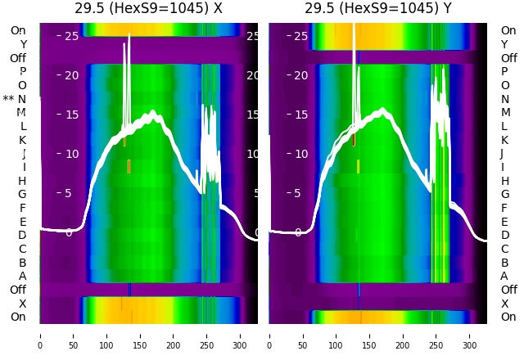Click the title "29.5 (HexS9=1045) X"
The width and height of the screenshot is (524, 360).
tap(148, 9)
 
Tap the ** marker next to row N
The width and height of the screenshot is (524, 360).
tap(8, 99)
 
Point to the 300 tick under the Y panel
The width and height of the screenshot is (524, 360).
tap(470, 335)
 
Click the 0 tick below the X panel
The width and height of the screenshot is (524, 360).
tap(40, 335)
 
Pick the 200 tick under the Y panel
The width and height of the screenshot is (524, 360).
tap(403, 335)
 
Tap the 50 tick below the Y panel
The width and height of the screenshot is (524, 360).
tap(303, 335)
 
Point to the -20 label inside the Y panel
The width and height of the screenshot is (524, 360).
tap(296, 75)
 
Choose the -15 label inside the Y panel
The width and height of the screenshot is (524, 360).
tap(296, 115)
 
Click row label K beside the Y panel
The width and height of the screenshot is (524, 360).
tap(504, 140)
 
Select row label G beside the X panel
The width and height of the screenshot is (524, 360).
tap(22, 195)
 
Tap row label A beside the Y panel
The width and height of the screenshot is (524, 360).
tap(504, 277)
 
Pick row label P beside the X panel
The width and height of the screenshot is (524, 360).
tap(22, 72)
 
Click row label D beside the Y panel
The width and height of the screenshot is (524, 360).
tap(504, 236)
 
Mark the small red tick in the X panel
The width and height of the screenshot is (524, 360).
tap(124, 142)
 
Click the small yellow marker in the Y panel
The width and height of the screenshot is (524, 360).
tap(358, 166)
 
